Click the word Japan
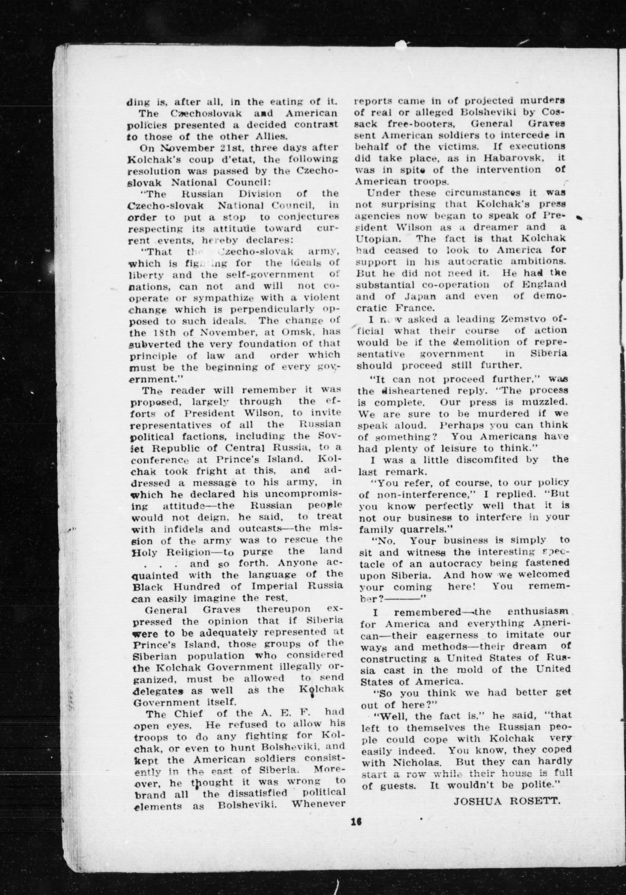click(417, 296)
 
